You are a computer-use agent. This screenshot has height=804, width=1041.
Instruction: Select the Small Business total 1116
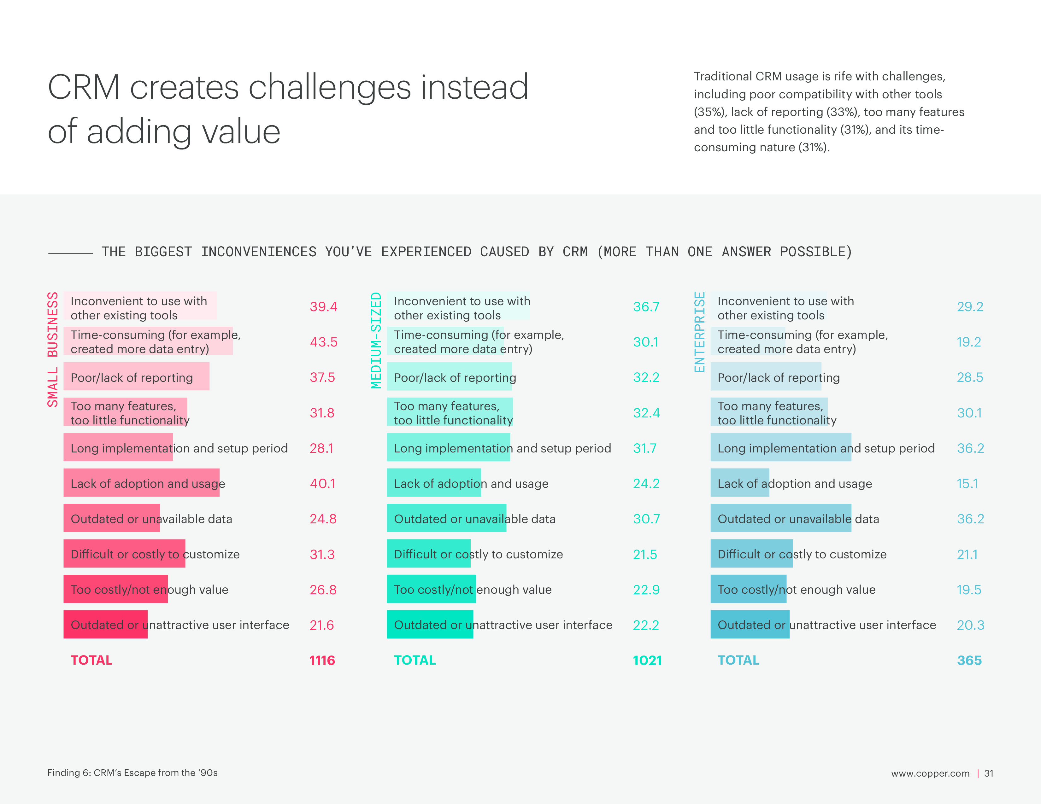click(x=322, y=660)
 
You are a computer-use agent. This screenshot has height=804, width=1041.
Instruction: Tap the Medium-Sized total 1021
click(x=647, y=660)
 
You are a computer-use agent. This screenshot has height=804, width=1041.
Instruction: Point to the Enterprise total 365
click(x=969, y=660)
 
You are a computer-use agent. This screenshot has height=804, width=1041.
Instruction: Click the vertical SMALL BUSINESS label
click(x=52, y=349)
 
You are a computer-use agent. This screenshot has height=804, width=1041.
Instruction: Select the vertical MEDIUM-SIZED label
click(x=376, y=340)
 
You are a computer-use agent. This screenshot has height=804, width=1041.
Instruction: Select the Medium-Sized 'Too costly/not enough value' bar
click(x=431, y=589)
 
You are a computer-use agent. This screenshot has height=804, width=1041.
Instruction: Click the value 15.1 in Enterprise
click(x=967, y=483)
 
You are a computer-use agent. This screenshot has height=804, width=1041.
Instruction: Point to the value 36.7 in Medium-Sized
click(x=646, y=307)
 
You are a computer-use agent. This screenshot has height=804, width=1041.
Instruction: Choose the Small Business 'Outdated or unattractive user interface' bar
click(x=105, y=624)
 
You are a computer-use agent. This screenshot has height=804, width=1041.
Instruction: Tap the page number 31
click(x=989, y=773)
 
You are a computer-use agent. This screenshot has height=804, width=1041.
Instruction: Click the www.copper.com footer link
click(x=930, y=773)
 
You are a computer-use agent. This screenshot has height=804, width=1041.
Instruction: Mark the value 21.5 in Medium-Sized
click(x=644, y=554)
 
